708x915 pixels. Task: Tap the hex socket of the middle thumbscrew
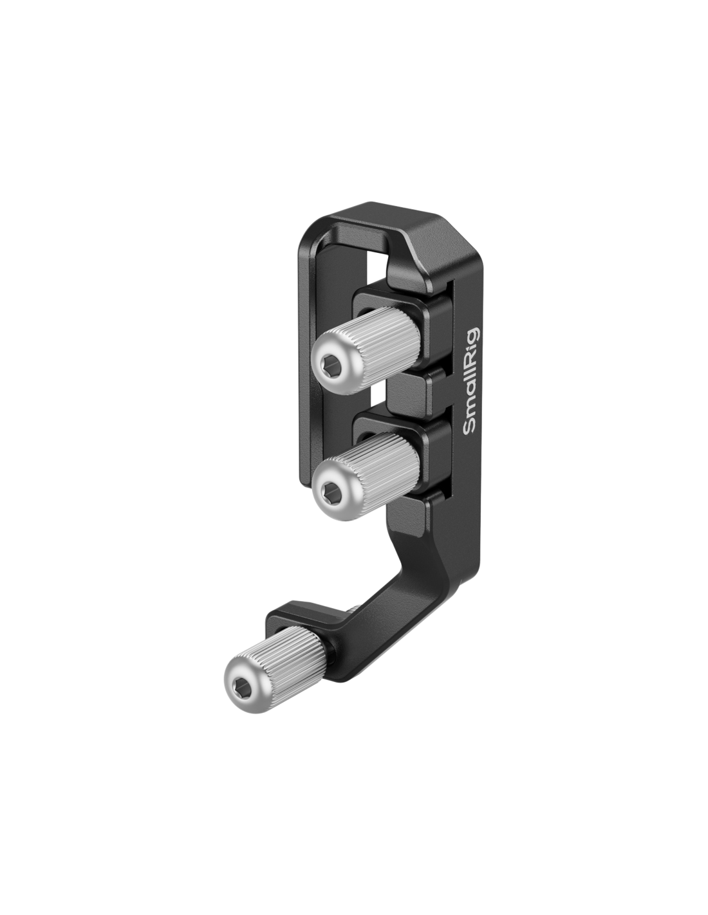click(x=329, y=490)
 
